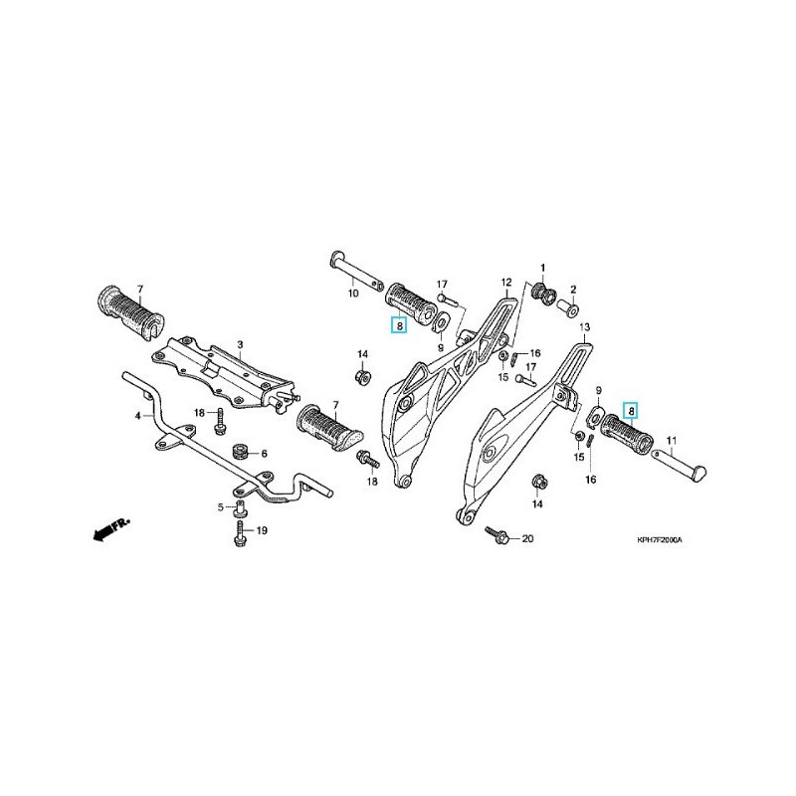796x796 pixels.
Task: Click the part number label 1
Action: [x=543, y=269]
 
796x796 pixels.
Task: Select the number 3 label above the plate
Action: [x=239, y=345]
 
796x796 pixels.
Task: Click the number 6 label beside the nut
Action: [x=265, y=454]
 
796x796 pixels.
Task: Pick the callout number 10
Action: [x=352, y=295]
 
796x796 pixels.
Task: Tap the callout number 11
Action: [x=671, y=440]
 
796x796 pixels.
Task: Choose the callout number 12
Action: [x=504, y=283]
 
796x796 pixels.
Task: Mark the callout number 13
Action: [x=584, y=327]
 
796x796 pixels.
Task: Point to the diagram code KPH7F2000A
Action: [x=667, y=540]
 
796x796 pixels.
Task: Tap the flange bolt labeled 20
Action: [x=498, y=536]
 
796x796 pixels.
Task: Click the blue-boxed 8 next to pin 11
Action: [x=629, y=409]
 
